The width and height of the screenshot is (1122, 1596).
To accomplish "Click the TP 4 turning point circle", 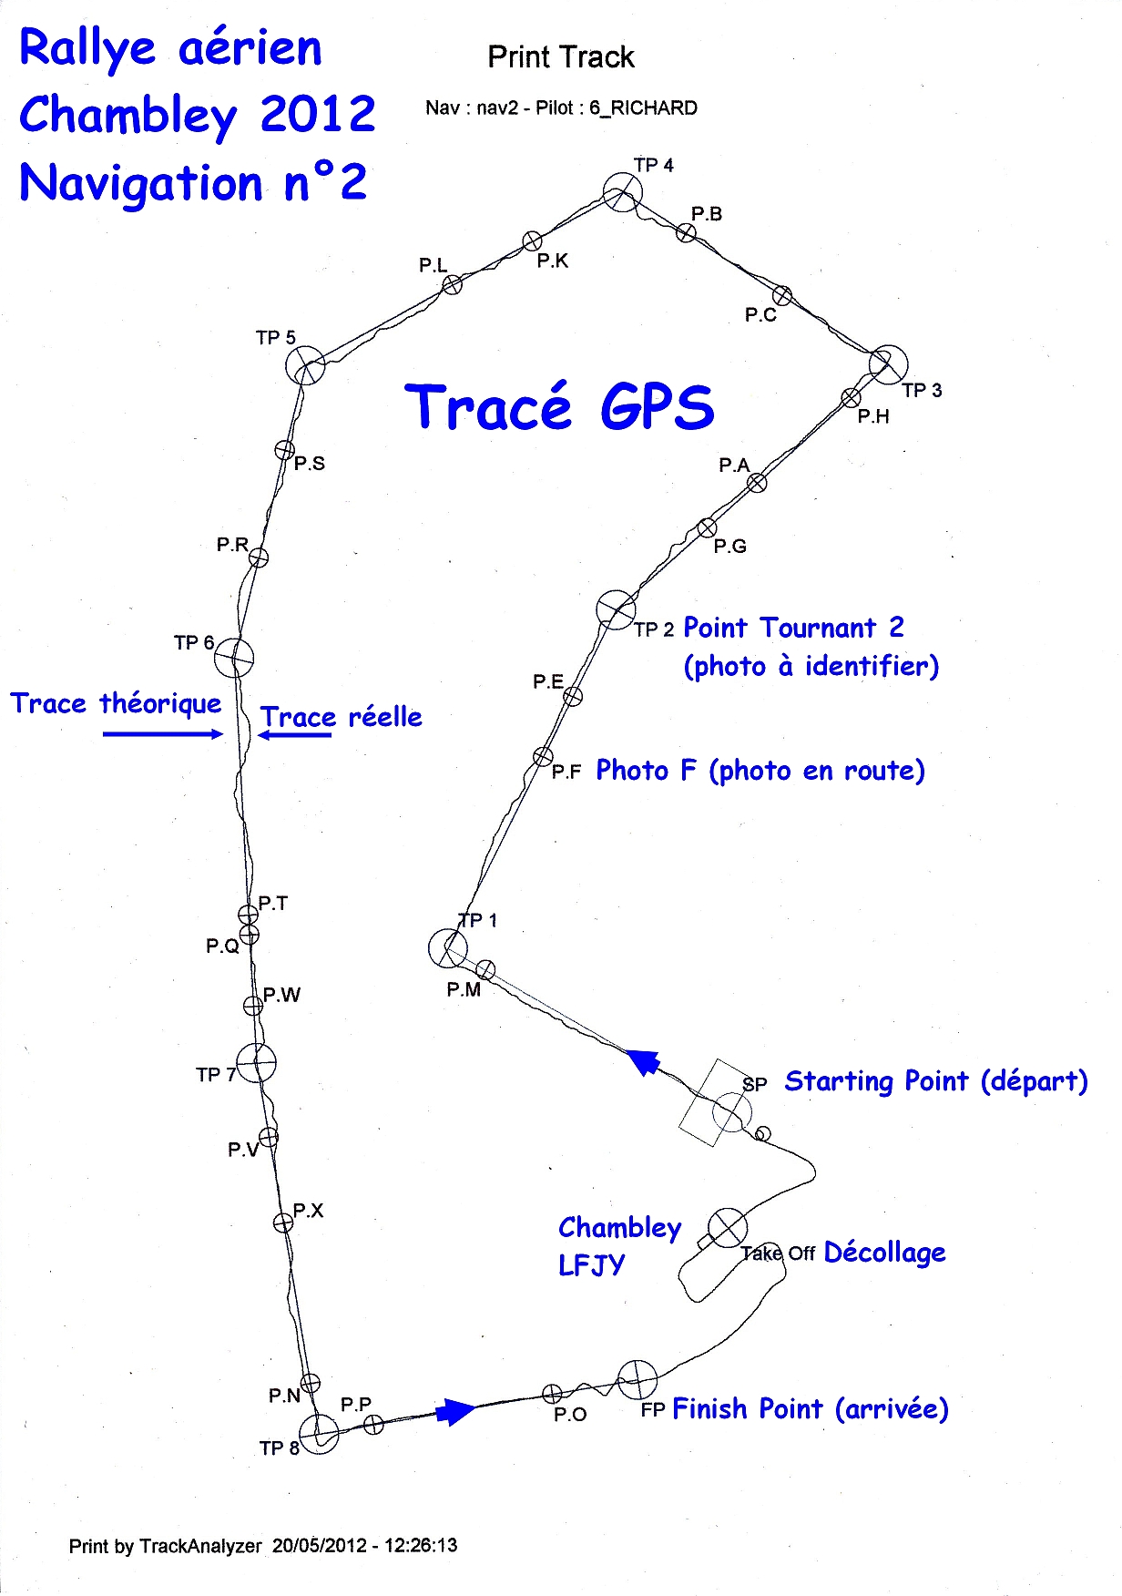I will [623, 193].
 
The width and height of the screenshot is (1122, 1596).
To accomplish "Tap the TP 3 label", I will [922, 391].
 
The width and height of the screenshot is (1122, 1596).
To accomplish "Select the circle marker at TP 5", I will [305, 366].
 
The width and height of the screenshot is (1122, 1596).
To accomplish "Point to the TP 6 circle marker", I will [234, 658].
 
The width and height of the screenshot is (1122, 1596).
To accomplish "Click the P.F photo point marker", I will [543, 757].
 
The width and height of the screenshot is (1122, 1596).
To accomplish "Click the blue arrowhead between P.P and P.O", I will [454, 1411].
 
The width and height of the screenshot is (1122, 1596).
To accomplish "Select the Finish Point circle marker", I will [637, 1380].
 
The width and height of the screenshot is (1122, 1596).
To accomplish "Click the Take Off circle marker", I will [728, 1228].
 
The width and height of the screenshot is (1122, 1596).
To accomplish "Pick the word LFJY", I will [591, 1265].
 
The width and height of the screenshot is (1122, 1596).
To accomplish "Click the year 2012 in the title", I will [317, 115].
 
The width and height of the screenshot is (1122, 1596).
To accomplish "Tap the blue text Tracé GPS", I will [559, 407].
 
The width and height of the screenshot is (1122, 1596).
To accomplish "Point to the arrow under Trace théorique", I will [162, 734].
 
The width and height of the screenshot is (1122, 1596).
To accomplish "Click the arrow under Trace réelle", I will [294, 735].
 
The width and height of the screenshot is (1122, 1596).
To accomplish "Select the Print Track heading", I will [560, 57].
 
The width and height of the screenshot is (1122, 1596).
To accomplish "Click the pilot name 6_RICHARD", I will [643, 108].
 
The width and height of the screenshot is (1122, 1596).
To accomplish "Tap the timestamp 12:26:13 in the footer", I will [421, 1546].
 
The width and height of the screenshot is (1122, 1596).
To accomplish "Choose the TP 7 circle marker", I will [257, 1062].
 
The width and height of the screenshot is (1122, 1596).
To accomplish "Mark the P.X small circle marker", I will [283, 1223].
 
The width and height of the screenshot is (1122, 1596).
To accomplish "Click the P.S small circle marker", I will [284, 450].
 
